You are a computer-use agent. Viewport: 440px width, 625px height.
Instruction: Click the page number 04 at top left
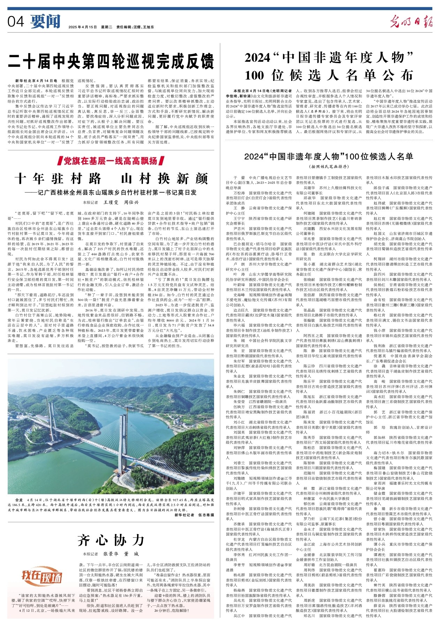pos(16,22)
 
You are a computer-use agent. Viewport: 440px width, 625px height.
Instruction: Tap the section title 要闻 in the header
pos(45,22)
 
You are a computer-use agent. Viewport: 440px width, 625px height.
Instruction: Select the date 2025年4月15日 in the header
pos(82,27)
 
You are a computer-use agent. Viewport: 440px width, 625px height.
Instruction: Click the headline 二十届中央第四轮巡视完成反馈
pos(111,61)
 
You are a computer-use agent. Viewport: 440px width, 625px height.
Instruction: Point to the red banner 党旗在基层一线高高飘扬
pos(111,161)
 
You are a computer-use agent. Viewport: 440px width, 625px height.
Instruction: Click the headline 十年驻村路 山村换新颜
pos(111,179)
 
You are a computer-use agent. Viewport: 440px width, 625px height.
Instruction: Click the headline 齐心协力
pos(111,540)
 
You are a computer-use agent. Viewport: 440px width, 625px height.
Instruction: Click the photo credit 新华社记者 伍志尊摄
pos(194,515)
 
